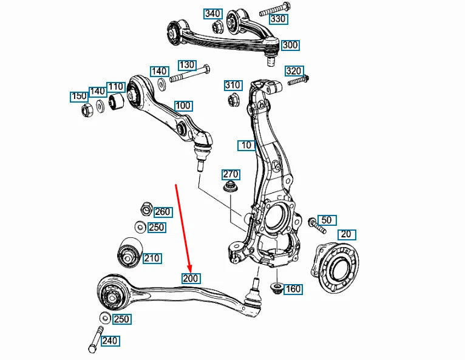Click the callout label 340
(x=212, y=13)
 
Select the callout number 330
(x=278, y=19)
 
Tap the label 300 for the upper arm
(x=290, y=45)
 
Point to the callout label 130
(x=186, y=65)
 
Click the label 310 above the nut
(x=232, y=84)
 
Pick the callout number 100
(x=183, y=105)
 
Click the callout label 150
(x=79, y=97)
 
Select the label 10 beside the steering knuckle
(x=245, y=145)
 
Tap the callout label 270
(x=231, y=175)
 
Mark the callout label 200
(x=191, y=278)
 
